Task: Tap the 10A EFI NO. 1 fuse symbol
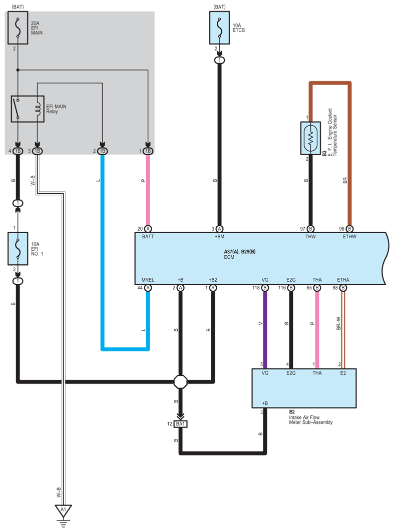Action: pyautogui.click(x=18, y=248)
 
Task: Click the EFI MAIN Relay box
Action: pyautogui.click(x=28, y=109)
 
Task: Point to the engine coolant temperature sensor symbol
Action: pyautogui.click(x=310, y=137)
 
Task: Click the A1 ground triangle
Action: pyautogui.click(x=63, y=510)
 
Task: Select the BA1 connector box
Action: pyautogui.click(x=181, y=424)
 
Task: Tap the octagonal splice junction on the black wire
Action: pyautogui.click(x=181, y=382)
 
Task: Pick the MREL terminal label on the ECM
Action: pyautogui.click(x=148, y=280)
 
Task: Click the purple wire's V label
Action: pyautogui.click(x=259, y=324)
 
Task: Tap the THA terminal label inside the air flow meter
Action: pyautogui.click(x=317, y=373)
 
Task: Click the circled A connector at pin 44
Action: pyautogui.click(x=148, y=288)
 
